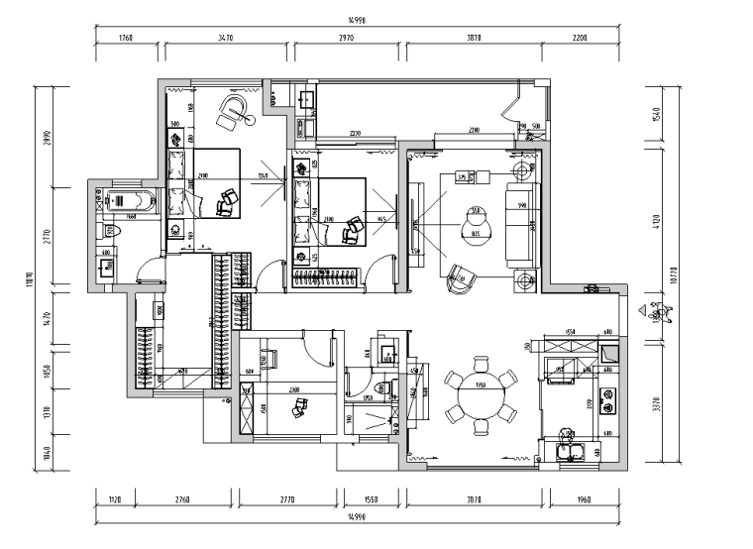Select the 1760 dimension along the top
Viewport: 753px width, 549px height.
(x=126, y=39)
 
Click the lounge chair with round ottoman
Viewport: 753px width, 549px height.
(x=237, y=110)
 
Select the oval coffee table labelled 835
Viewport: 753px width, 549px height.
(x=476, y=227)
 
